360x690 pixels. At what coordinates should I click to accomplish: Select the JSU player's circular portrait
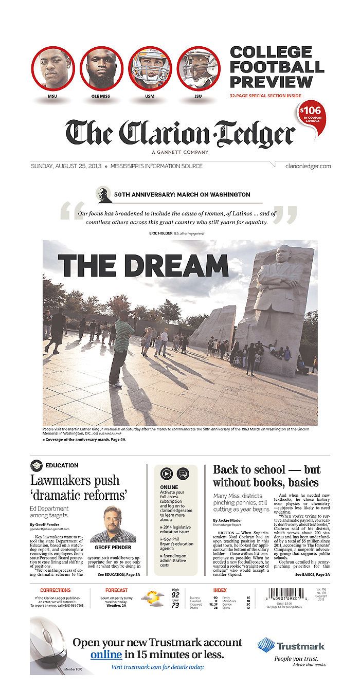199,68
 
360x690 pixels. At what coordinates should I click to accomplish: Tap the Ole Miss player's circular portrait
101,68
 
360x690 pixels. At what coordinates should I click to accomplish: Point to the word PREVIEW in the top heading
271,82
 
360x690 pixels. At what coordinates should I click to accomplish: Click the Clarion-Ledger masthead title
180,133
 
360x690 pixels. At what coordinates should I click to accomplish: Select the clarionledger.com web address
308,166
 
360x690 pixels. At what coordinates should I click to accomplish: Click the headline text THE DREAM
143,266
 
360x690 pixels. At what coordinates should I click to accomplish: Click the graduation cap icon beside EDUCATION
36,465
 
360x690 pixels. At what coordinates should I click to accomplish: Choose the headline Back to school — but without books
266,476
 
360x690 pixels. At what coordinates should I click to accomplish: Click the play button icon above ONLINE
166,474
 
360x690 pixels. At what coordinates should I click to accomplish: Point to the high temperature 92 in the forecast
175,595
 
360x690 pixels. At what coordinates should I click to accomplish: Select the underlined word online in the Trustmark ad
106,655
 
